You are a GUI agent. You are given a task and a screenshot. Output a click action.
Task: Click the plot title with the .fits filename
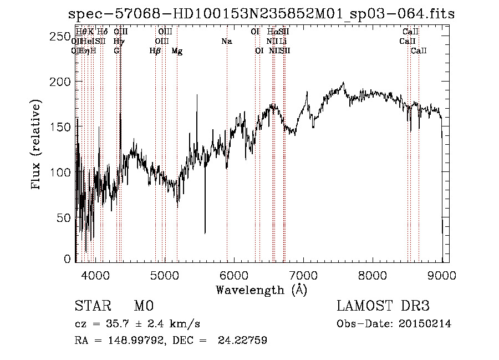coord(260,14)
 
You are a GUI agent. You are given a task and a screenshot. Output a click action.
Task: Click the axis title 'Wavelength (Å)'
coord(261,290)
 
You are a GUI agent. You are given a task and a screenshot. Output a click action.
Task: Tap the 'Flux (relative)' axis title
coord(37,145)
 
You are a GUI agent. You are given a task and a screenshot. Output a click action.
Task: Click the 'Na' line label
coord(226,42)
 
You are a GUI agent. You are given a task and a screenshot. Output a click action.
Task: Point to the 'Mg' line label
coord(177,51)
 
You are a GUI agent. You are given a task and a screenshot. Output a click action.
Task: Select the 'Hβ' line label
coord(155,51)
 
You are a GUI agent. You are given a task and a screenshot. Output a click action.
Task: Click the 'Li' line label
coord(283,42)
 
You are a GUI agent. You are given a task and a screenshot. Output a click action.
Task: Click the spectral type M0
coord(143,306)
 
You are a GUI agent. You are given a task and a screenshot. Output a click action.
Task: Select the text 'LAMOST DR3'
coord(383,306)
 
